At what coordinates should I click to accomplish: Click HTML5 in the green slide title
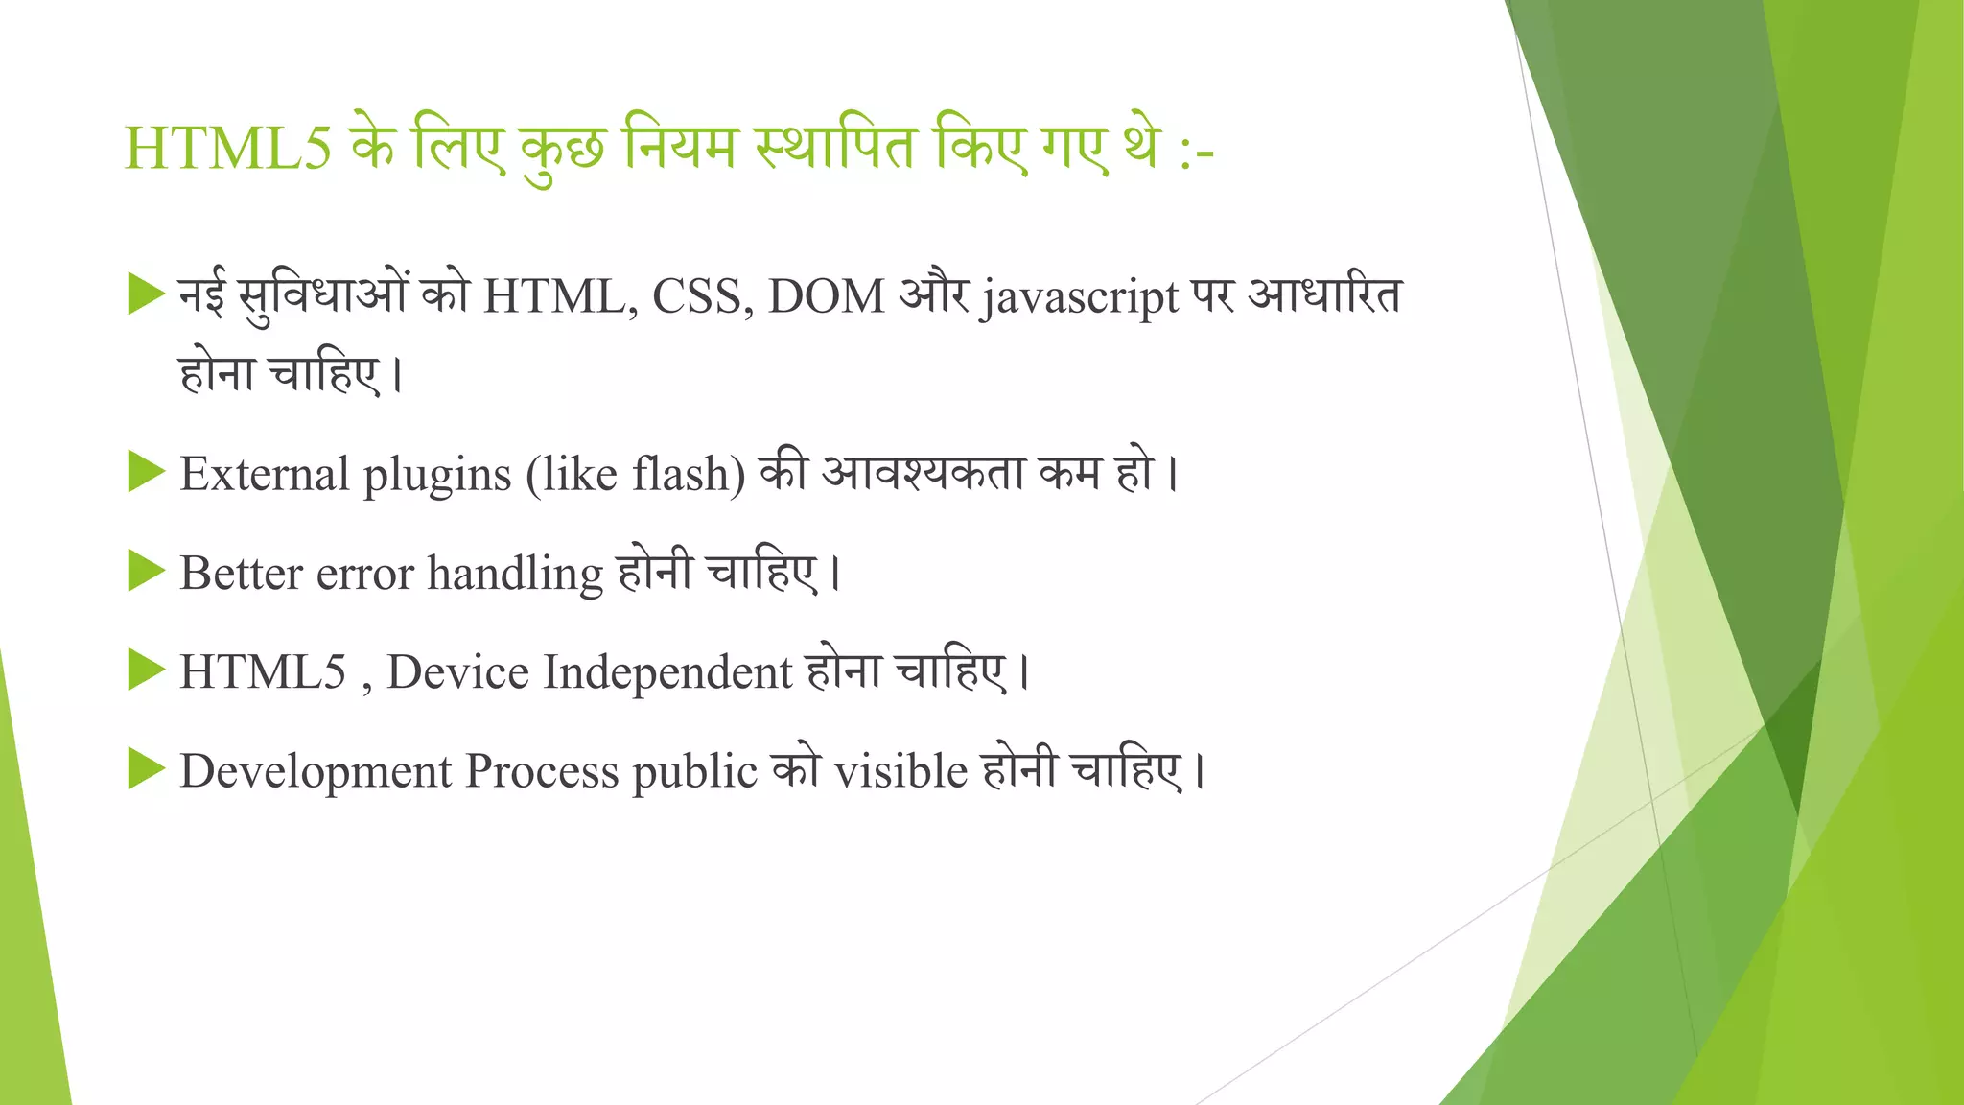tap(228, 150)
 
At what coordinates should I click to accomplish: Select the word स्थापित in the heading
tap(835, 150)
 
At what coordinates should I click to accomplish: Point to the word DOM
tap(826, 296)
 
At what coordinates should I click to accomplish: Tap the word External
tap(265, 474)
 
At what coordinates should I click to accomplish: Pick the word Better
tap(241, 574)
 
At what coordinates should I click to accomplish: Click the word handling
tap(515, 575)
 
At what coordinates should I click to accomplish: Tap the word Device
tap(457, 671)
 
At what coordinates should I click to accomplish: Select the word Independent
tap(667, 672)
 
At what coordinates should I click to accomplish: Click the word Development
tap(316, 771)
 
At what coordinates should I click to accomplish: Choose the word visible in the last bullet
tap(900, 771)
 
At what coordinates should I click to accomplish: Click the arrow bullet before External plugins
tap(147, 472)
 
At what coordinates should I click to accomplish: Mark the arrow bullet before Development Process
tap(147, 769)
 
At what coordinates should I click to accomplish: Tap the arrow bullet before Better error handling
tap(147, 572)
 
